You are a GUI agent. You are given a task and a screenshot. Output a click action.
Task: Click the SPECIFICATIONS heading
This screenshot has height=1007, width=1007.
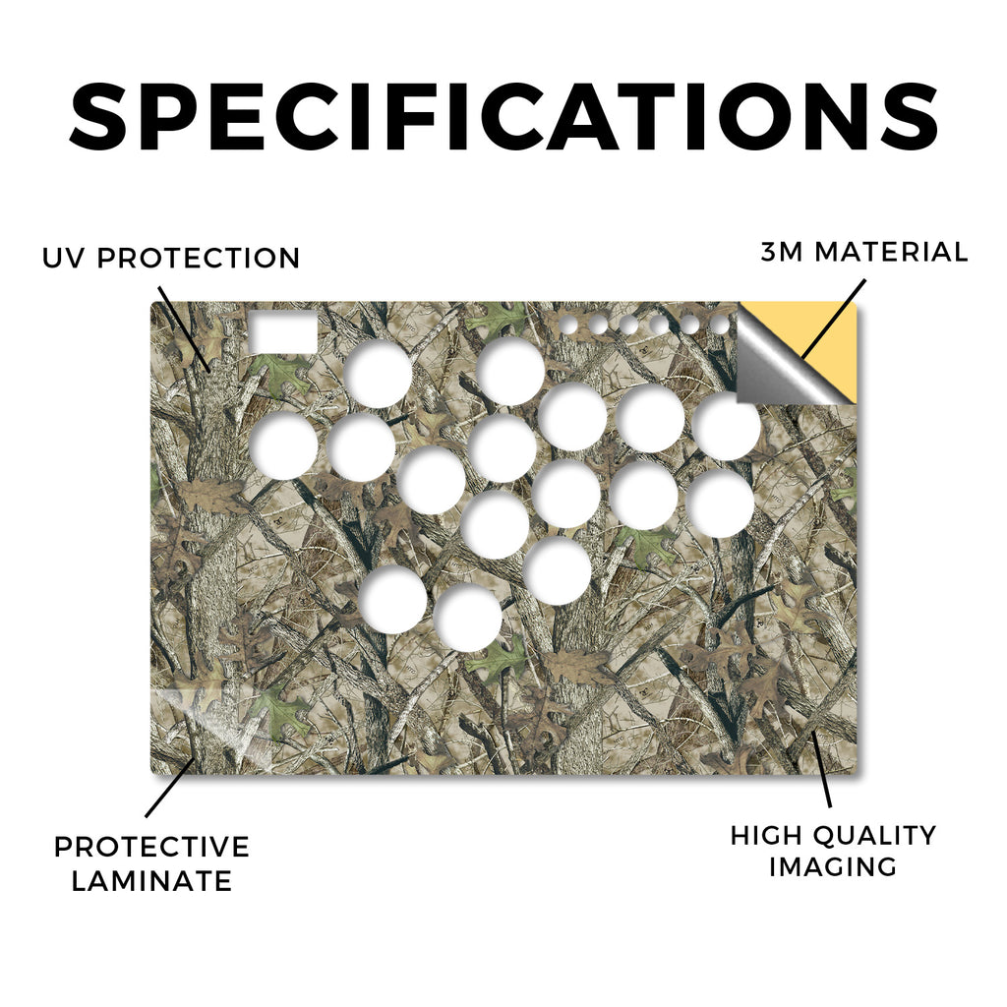coord(503,116)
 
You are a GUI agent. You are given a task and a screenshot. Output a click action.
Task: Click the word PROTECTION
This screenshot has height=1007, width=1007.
coord(199,259)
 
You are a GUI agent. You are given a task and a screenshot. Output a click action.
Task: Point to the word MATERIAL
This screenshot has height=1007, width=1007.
coord(891,252)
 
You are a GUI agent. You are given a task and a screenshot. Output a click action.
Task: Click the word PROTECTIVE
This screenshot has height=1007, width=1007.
coord(151,847)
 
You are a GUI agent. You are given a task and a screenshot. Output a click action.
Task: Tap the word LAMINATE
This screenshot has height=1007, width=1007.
coord(151,880)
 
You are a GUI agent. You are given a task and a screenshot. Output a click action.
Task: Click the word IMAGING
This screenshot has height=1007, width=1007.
coord(833,867)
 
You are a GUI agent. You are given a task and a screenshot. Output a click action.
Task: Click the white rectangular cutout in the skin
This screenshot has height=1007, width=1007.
coord(283,332)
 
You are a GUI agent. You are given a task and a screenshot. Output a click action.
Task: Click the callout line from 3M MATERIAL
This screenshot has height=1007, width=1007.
coord(834,319)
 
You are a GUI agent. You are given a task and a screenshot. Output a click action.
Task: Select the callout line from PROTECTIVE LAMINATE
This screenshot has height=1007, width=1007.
coord(169,789)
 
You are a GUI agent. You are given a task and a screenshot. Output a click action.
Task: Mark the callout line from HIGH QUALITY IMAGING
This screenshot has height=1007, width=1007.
coord(822,769)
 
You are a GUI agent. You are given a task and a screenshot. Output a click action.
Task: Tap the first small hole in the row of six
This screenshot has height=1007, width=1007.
coord(568,325)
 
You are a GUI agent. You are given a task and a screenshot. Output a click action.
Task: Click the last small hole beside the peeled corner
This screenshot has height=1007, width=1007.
coord(721,325)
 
